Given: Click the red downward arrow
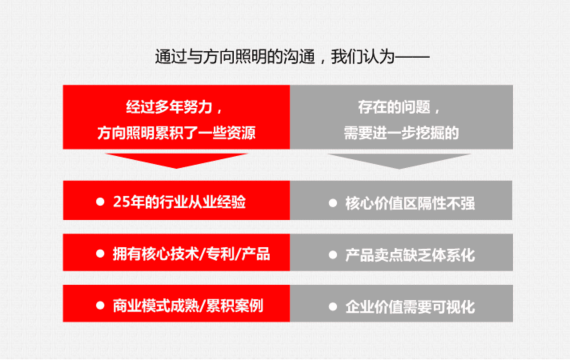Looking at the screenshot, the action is click(x=177, y=159).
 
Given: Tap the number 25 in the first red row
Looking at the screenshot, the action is click(x=120, y=202).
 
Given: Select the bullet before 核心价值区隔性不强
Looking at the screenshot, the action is click(x=333, y=203).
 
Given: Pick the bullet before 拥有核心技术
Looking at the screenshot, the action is click(x=100, y=253).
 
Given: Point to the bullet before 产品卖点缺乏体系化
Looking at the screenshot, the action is click(x=333, y=255).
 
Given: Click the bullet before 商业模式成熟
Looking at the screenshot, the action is click(x=100, y=305).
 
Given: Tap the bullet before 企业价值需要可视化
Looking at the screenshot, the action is click(x=333, y=307).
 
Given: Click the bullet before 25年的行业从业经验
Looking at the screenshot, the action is click(x=100, y=202).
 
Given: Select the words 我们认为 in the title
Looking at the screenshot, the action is click(x=362, y=57).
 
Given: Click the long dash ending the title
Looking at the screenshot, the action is click(x=412, y=57).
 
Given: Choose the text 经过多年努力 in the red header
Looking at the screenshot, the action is click(x=169, y=107).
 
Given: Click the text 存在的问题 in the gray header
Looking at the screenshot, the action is click(x=394, y=107).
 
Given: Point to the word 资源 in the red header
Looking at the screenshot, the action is click(x=241, y=133).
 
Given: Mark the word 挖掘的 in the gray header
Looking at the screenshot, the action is click(x=437, y=133).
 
